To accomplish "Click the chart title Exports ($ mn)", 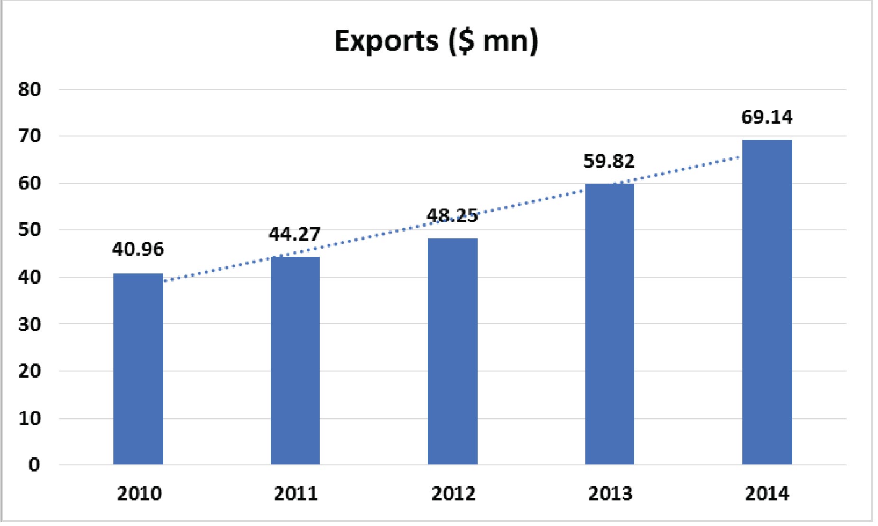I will pos(436,41).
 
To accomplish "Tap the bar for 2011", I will pos(295,360).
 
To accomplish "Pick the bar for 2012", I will pos(453,351).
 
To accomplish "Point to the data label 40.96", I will pos(138,249).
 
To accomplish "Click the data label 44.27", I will pos(295,234).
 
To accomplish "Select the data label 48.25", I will pos(452,216).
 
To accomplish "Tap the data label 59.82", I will pos(609,162).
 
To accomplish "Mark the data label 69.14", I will pos(767,118).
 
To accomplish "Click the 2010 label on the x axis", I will pos(139,494).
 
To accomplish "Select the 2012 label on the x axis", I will pos(453,494).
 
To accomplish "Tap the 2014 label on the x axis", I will pos(767,494).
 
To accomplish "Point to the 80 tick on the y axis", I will pos(30,90).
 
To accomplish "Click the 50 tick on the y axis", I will pos(30,230).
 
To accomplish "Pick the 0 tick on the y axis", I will pos(34,465).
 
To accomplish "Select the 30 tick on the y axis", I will pos(30,325).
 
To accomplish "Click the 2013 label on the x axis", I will pos(610,494).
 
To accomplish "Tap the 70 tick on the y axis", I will pos(30,136).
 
